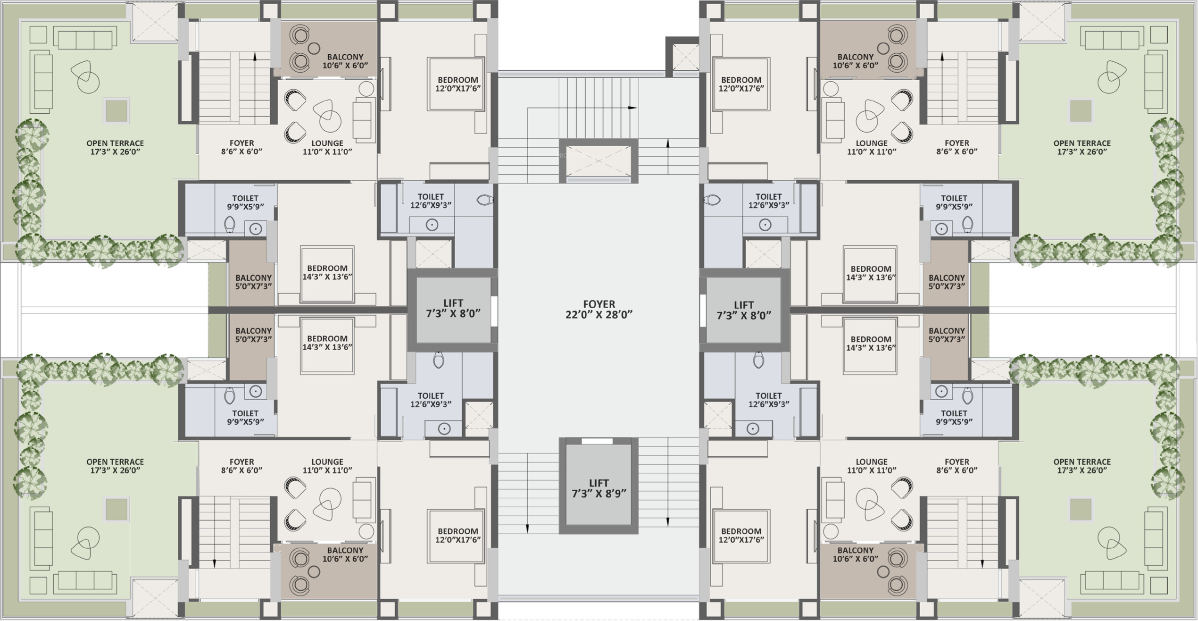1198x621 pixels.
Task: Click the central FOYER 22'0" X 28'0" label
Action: tap(599, 310)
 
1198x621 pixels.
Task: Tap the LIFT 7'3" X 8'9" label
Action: tap(599, 488)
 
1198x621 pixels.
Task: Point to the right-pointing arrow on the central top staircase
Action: tap(632, 108)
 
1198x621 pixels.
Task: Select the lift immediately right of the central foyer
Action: tap(744, 310)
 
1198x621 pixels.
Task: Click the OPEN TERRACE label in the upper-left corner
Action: tap(115, 147)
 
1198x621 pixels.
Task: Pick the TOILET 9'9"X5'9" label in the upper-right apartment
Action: tap(954, 202)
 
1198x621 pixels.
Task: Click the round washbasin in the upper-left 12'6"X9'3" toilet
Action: tap(432, 225)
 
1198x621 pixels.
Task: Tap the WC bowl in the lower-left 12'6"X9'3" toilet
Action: tap(439, 360)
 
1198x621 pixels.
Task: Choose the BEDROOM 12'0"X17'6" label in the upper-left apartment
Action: tap(458, 84)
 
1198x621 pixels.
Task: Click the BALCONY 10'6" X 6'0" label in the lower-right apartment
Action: tap(855, 554)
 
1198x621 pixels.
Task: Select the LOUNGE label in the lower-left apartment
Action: tap(327, 466)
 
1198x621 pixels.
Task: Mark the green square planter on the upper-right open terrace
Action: tap(1081, 111)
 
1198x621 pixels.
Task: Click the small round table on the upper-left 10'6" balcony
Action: tap(314, 48)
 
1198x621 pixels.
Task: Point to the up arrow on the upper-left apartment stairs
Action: tap(255, 57)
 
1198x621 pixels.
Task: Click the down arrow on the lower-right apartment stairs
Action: tap(982, 564)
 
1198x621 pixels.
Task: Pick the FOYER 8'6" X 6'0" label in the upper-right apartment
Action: tap(957, 147)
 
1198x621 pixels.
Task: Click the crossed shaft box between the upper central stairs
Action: tap(598, 161)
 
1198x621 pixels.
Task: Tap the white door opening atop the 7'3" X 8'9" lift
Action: tap(597, 441)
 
